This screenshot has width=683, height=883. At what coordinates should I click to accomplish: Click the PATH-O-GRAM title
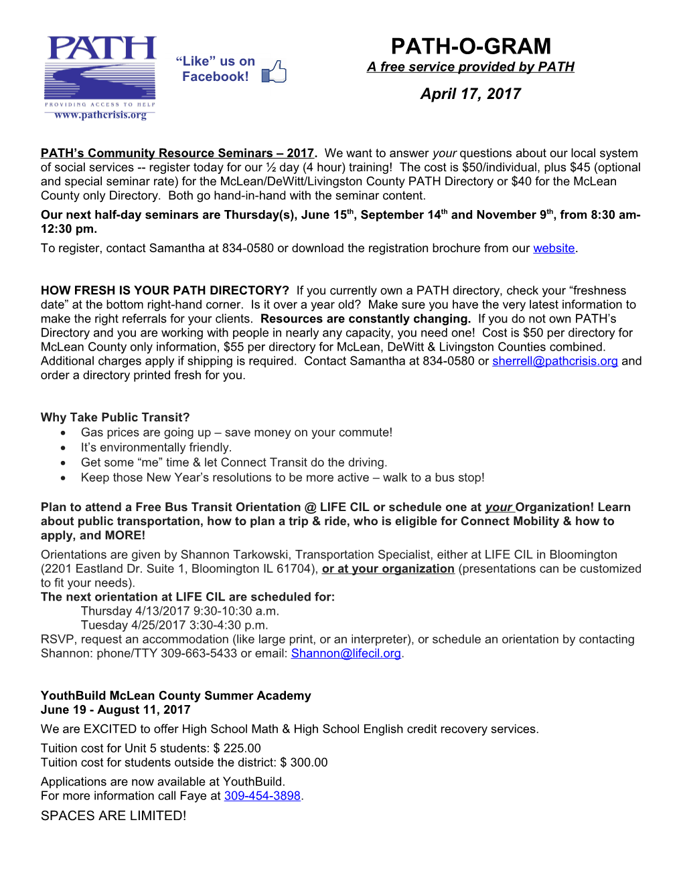(x=471, y=46)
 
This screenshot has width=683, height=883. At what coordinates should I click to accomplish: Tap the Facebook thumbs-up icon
(x=274, y=72)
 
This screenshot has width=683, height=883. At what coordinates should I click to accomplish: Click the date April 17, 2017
(x=470, y=94)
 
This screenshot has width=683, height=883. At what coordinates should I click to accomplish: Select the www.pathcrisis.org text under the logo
(x=100, y=115)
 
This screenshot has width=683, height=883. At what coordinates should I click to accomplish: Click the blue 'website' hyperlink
(x=554, y=248)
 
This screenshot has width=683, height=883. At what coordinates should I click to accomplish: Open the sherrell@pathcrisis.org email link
(x=554, y=361)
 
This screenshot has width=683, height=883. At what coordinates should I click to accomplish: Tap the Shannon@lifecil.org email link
(x=346, y=654)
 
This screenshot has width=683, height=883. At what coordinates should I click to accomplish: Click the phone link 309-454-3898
(x=262, y=796)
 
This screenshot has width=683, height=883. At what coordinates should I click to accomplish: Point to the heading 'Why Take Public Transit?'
(x=115, y=417)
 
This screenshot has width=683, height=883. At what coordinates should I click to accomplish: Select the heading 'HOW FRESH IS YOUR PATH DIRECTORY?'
(x=165, y=290)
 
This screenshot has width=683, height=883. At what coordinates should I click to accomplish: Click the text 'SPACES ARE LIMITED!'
(x=113, y=816)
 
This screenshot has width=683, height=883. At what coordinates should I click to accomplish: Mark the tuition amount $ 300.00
(x=304, y=763)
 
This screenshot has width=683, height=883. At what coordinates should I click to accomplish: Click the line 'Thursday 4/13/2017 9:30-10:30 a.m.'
(x=179, y=611)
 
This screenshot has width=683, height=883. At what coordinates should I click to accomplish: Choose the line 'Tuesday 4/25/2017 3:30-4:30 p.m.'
(x=174, y=625)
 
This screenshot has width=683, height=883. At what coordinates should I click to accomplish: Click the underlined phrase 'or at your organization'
(x=388, y=569)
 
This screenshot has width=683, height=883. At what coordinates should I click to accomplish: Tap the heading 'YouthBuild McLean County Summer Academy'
(x=175, y=696)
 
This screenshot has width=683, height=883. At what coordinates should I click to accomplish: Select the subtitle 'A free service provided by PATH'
(x=470, y=67)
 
